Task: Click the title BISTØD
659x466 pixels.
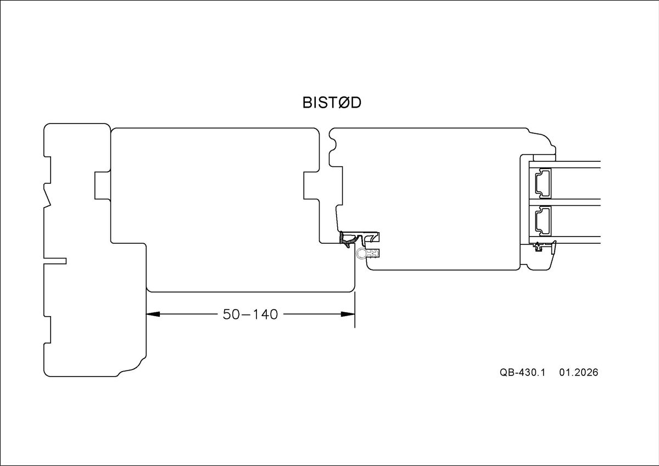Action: coord(332,103)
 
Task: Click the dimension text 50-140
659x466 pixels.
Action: coord(250,315)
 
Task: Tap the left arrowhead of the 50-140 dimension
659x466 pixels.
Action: coord(152,315)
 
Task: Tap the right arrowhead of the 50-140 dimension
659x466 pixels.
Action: coord(348,315)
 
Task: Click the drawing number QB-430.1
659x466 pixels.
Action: coord(522,372)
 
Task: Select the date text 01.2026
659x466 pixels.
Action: coord(578,372)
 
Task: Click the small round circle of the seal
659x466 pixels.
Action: coord(361,253)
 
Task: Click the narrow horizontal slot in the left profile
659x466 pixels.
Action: coord(55,261)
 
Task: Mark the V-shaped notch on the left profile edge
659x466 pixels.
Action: coord(48,197)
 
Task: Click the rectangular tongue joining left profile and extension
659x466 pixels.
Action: coord(103,185)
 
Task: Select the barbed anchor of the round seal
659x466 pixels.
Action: coord(373,254)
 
